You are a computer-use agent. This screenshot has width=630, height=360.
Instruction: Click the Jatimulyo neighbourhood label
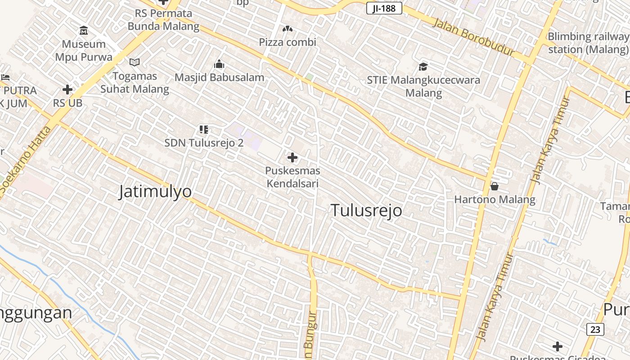pyautogui.click(x=155, y=192)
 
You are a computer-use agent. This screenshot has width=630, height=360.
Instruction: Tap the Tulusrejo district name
pyautogui.click(x=366, y=210)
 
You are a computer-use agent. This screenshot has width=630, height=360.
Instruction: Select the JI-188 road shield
pyautogui.click(x=384, y=8)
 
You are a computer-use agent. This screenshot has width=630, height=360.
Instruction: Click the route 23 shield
pyautogui.click(x=595, y=329)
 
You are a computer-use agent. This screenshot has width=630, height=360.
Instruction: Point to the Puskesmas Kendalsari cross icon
pyautogui.click(x=292, y=157)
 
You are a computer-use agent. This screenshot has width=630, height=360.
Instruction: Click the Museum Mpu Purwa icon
pyautogui.click(x=84, y=31)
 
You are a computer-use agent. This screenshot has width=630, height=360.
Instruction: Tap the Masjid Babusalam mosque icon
pyautogui.click(x=219, y=64)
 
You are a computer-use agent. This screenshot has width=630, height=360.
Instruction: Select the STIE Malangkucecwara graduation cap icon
pyautogui.click(x=423, y=67)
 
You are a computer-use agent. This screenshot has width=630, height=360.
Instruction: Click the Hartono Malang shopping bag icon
pyautogui.click(x=495, y=186)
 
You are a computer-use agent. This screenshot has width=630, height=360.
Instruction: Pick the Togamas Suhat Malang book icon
pyautogui.click(x=135, y=63)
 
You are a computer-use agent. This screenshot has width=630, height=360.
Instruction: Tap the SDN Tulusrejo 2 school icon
pyautogui.click(x=204, y=130)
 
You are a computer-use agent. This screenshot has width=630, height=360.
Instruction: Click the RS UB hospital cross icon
pyautogui.click(x=67, y=90)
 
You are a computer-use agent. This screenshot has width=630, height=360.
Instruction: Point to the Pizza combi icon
pyautogui.click(x=287, y=29)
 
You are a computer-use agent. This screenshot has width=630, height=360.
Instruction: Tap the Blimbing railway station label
pyautogui.click(x=588, y=43)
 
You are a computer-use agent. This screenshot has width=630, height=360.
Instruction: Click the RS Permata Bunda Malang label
pyautogui.click(x=163, y=20)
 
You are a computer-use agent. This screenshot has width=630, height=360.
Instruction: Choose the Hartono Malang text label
pyautogui.click(x=495, y=199)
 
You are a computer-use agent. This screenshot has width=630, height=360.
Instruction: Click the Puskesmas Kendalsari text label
pyautogui.click(x=292, y=177)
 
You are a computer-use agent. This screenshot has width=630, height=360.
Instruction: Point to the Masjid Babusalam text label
pyautogui.click(x=219, y=77)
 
